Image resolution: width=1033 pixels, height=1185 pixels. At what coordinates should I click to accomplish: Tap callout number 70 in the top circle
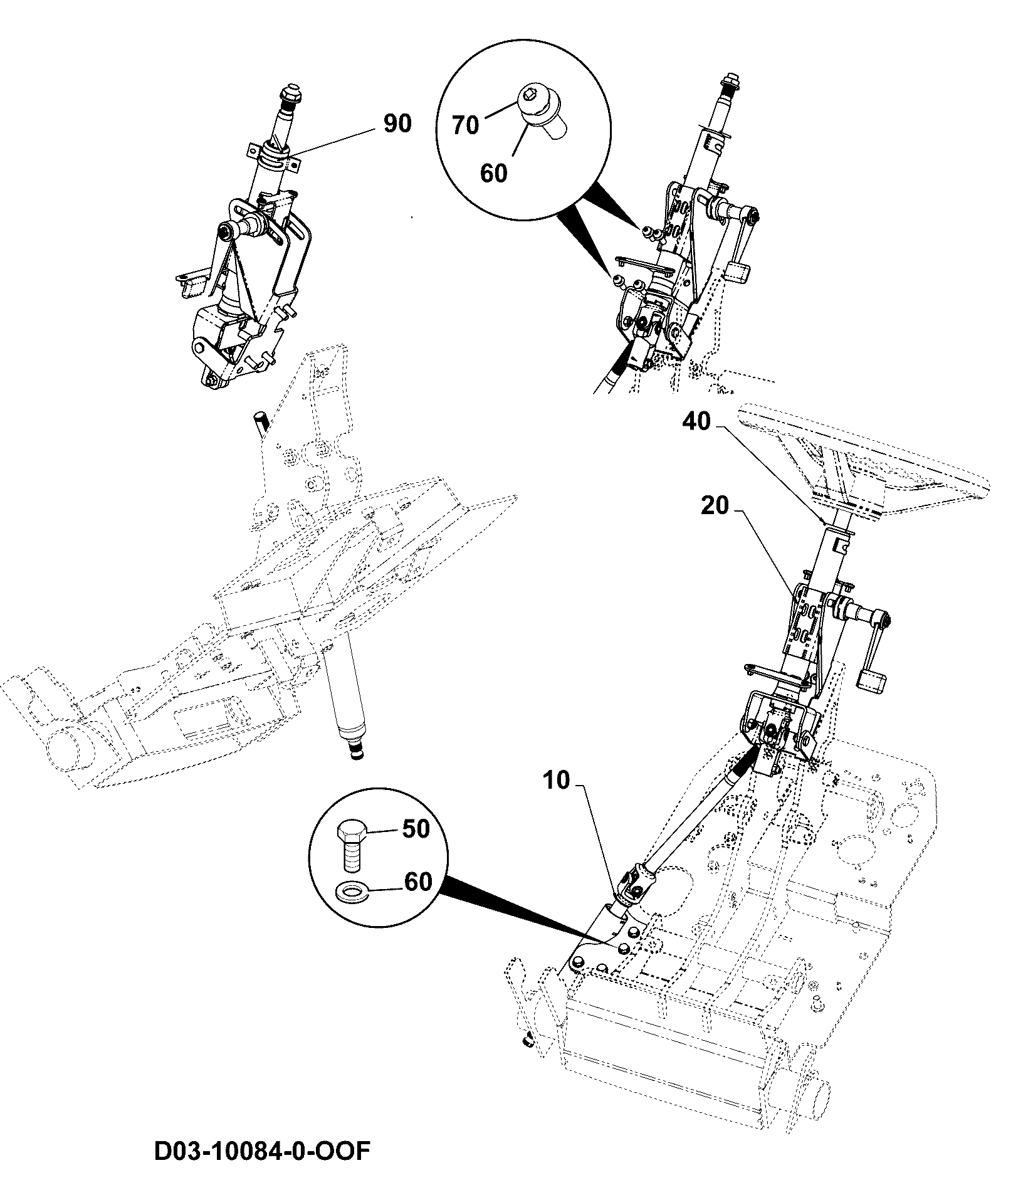click(x=466, y=125)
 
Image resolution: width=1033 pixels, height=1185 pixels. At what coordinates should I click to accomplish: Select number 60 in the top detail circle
click(x=493, y=173)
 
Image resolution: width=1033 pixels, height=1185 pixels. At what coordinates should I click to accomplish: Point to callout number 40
click(x=696, y=421)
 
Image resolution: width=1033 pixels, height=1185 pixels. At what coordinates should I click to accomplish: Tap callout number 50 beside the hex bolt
click(x=416, y=829)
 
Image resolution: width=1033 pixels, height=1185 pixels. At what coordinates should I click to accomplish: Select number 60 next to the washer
click(x=418, y=882)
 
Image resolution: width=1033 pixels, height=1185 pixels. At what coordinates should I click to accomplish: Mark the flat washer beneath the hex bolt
click(x=351, y=890)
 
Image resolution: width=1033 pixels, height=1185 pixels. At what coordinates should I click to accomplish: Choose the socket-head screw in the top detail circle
click(x=543, y=113)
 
